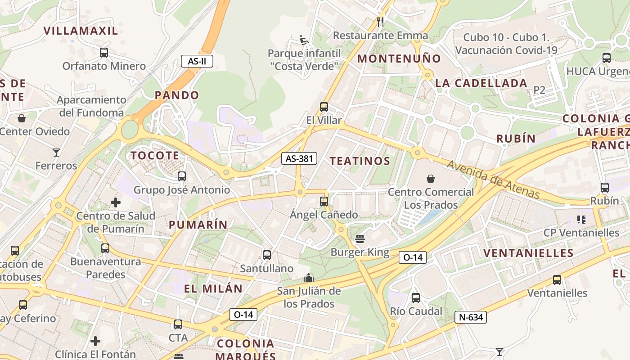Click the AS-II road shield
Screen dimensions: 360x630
point(197,61)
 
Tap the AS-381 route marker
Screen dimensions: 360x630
point(299,158)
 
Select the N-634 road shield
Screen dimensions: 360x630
point(471,317)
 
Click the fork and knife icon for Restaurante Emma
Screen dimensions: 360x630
point(380,22)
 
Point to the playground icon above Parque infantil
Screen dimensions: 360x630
point(304,40)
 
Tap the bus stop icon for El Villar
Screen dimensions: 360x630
point(324,107)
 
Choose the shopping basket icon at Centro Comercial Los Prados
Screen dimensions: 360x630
point(431,179)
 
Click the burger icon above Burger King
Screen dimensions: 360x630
point(360,238)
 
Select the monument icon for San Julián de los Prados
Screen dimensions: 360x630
point(309,278)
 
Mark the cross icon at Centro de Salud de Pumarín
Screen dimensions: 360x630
point(116,202)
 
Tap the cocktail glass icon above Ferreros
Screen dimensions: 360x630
point(56,153)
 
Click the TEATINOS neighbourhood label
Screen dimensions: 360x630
point(360,161)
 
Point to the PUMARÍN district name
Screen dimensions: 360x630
point(198,225)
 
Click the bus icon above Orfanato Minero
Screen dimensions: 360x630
point(104,53)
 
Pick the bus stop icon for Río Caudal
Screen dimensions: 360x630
point(416,297)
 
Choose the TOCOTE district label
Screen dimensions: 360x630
point(155,156)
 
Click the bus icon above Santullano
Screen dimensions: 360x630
point(267,255)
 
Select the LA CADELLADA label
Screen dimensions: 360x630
point(481,83)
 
